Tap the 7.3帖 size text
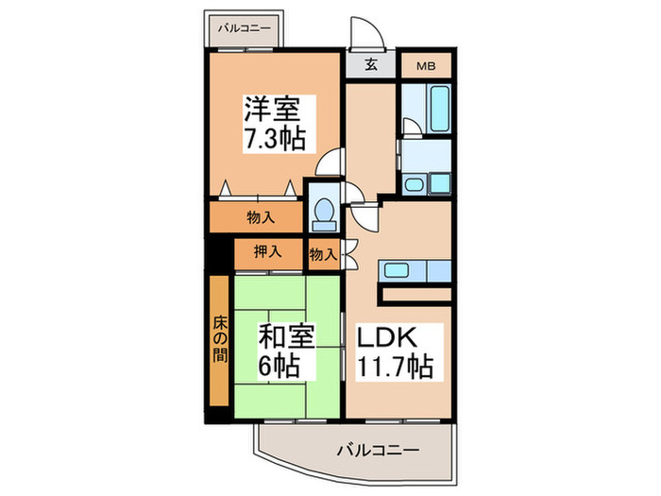pyautogui.click(x=275, y=138)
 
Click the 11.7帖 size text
pyautogui.click(x=394, y=368)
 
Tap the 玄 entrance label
pyautogui.click(x=371, y=67)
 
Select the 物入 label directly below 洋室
pyautogui.click(x=261, y=217)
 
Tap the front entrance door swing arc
pyautogui.click(x=364, y=33)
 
